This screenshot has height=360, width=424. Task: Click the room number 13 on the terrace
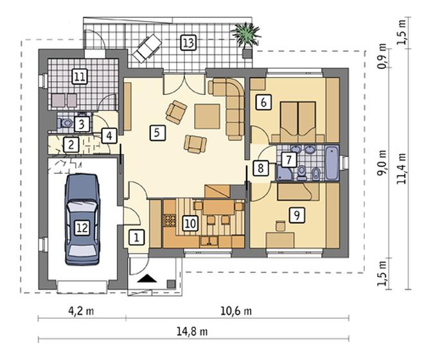pyautogui.click(x=188, y=42)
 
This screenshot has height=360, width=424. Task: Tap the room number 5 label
pyautogui.click(x=157, y=133)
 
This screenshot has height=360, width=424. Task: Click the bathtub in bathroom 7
pyautogui.click(x=332, y=163)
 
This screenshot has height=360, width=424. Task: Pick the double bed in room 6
pyautogui.click(x=298, y=122)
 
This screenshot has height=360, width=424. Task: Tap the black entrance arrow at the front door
pyautogui.click(x=147, y=278)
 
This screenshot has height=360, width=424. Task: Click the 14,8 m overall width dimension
pyautogui.click(x=192, y=332)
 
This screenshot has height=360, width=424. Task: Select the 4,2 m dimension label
pyautogui.click(x=81, y=311)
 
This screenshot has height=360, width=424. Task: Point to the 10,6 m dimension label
pyautogui.click(x=236, y=311)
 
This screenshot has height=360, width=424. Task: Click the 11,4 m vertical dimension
pyautogui.click(x=402, y=169)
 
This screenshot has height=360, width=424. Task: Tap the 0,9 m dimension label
pyautogui.click(x=382, y=60)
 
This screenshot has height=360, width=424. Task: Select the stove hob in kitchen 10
pyautogui.click(x=170, y=220)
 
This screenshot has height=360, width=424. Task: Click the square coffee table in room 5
pyautogui.click(x=207, y=116)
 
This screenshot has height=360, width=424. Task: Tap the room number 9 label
pyautogui.click(x=297, y=215)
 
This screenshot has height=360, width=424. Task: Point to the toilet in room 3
pyautogui.click(x=65, y=123)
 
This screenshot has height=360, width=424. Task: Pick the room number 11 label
pyautogui.click(x=80, y=76)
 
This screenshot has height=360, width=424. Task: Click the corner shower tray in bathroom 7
pyautogui.click(x=283, y=173)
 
